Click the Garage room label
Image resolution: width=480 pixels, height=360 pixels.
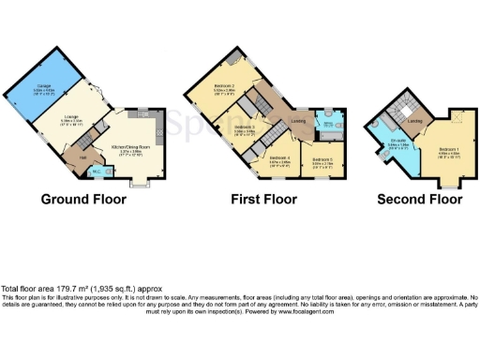44,87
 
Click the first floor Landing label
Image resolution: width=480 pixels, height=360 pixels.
297,119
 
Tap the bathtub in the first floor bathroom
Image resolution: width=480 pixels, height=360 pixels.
330,120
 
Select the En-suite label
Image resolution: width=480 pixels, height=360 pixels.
397,143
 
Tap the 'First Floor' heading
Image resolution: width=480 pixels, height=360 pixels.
263,200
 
